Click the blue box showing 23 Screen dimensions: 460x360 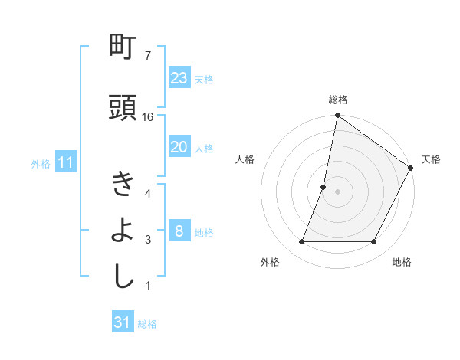tap(179, 77)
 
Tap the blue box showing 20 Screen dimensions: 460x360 tap(179, 147)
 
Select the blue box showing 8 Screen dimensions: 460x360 tap(179, 231)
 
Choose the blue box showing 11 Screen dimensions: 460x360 tap(66, 162)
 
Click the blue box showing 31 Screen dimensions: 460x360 tap(123, 322)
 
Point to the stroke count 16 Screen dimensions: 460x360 tap(148, 117)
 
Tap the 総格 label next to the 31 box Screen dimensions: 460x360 tap(147, 324)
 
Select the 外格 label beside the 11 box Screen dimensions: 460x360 tap(41, 164)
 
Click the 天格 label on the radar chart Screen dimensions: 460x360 tap(431, 159)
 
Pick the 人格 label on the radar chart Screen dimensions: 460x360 tap(245, 159)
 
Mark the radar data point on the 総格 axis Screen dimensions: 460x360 tap(337, 116)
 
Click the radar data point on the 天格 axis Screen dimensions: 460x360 tap(411, 169)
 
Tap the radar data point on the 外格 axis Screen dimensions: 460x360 tap(301, 242)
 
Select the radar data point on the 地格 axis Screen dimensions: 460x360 tap(374, 242)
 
